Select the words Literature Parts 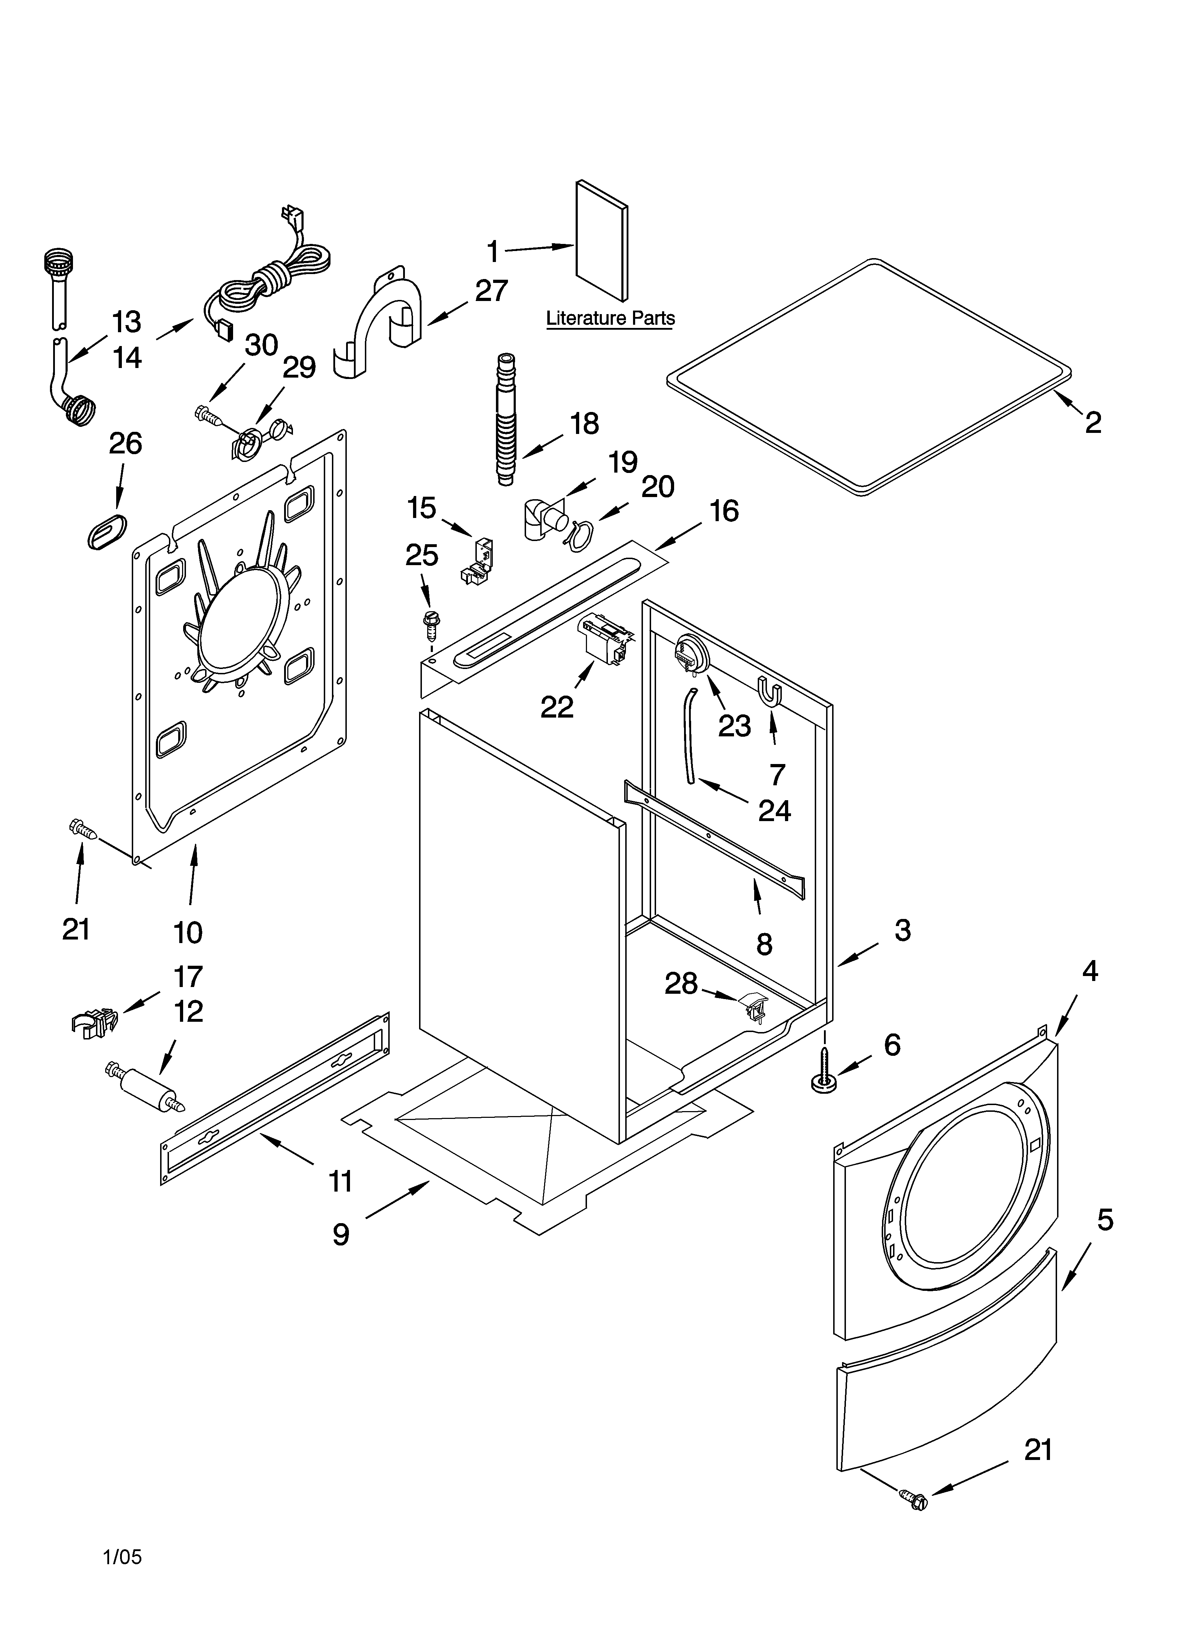point(610,318)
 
